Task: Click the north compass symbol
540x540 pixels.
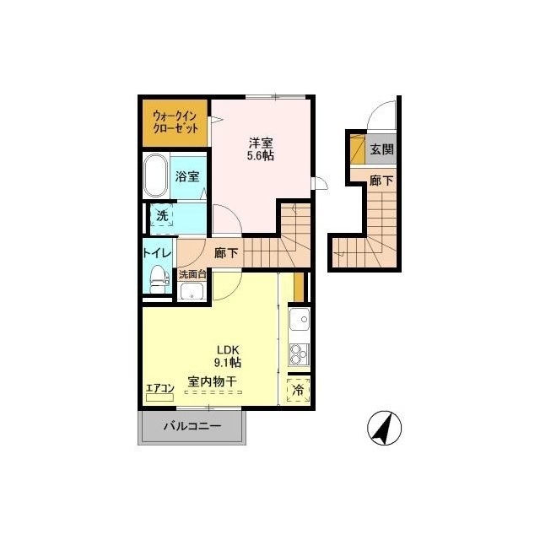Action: [384, 428]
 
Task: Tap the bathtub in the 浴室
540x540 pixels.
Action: [155, 176]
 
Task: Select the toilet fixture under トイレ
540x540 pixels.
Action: [160, 279]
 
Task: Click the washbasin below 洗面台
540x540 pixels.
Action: [192, 291]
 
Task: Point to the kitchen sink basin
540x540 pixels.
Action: [300, 319]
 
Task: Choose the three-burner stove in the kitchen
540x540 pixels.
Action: [300, 354]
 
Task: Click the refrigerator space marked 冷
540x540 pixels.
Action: [298, 390]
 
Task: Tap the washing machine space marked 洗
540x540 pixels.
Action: [162, 215]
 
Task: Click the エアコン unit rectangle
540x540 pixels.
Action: [159, 397]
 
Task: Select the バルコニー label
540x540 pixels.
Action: [192, 426]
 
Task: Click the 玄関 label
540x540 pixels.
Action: [381, 149]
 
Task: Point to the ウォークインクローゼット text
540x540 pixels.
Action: [175, 121]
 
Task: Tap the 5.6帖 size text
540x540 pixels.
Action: [261, 156]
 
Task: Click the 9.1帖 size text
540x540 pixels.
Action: [228, 362]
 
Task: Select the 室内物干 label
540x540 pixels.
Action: [212, 381]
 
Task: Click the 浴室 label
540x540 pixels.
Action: [187, 176]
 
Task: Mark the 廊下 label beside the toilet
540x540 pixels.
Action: [226, 253]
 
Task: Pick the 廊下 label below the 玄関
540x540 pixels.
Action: [381, 181]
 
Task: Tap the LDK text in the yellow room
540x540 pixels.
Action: [228, 349]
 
